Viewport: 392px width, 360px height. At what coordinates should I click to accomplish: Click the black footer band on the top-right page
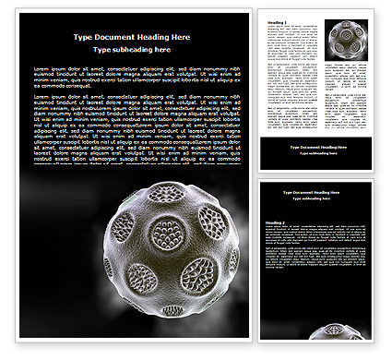click(x=317, y=152)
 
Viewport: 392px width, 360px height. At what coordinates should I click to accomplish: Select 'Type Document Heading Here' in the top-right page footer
click(x=317, y=148)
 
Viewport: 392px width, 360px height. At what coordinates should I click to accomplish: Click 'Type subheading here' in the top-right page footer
click(x=317, y=154)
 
